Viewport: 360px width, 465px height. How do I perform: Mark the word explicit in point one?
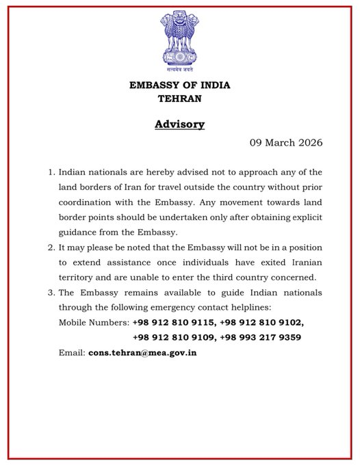point(282,217)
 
